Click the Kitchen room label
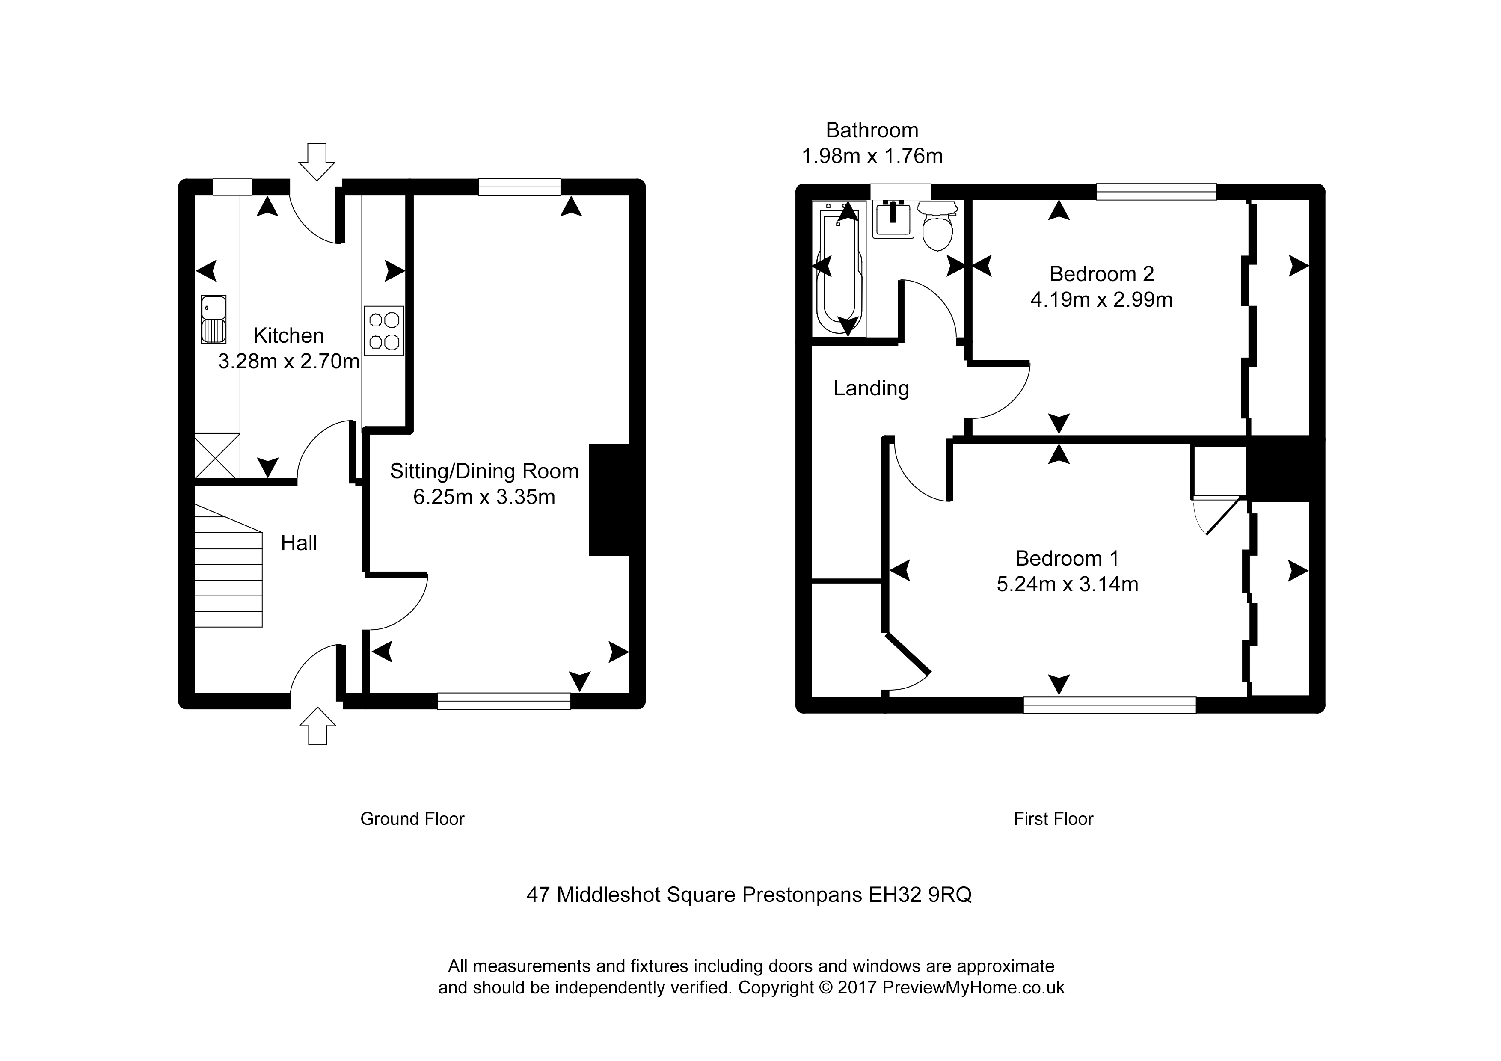pyautogui.click(x=288, y=335)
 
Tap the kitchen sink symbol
pyautogui.click(x=213, y=319)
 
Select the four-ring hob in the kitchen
pyautogui.click(x=384, y=331)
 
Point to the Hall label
pyautogui.click(x=299, y=542)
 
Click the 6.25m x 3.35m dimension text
pyautogui.click(x=484, y=497)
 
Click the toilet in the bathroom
pyautogui.click(x=939, y=225)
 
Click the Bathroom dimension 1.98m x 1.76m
pyautogui.click(x=872, y=156)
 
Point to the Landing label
pyautogui.click(x=871, y=388)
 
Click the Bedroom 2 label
pyautogui.click(x=1101, y=273)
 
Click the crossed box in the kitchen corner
pyautogui.click(x=217, y=456)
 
